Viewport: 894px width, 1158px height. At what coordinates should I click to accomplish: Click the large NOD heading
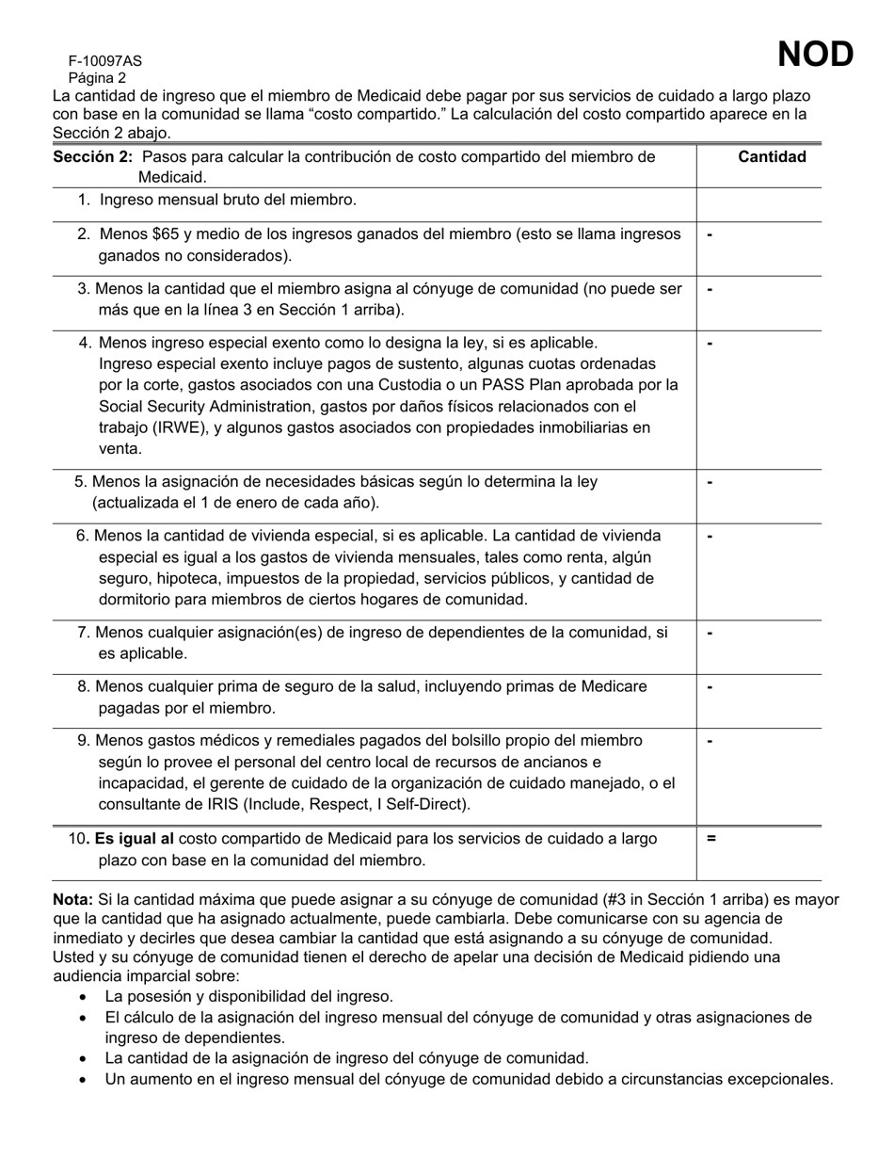tap(815, 56)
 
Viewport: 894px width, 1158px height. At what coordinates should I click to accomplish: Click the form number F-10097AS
tap(104, 61)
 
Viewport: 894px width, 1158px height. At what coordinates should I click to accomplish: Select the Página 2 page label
tap(97, 78)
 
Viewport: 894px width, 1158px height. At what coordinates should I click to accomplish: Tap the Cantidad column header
tap(772, 157)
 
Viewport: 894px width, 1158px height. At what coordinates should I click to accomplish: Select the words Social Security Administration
tap(214, 407)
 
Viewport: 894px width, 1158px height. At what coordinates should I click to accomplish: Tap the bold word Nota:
tap(72, 900)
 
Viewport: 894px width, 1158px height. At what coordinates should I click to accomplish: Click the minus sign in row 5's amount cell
tap(710, 483)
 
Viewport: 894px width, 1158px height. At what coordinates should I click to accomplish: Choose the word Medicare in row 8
tap(615, 687)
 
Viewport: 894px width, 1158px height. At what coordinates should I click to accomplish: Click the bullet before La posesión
tap(85, 996)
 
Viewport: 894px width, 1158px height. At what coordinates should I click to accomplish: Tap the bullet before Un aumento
tap(85, 1080)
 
